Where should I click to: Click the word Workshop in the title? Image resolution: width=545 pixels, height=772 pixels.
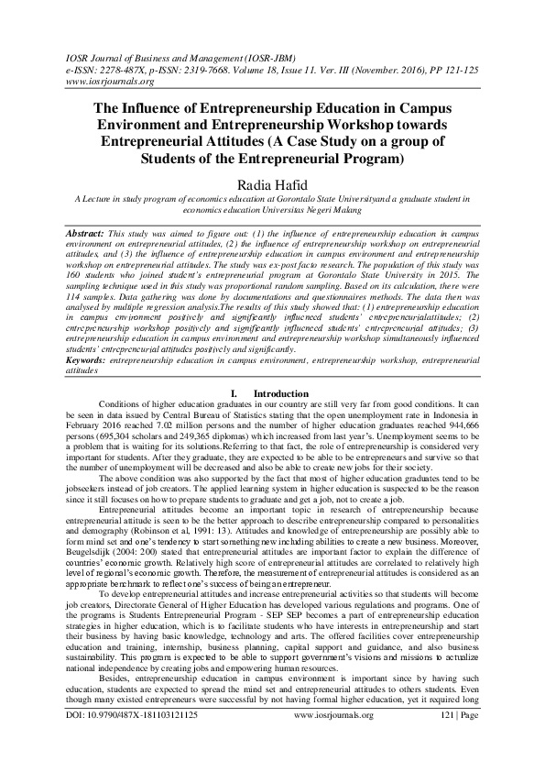point(376,124)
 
